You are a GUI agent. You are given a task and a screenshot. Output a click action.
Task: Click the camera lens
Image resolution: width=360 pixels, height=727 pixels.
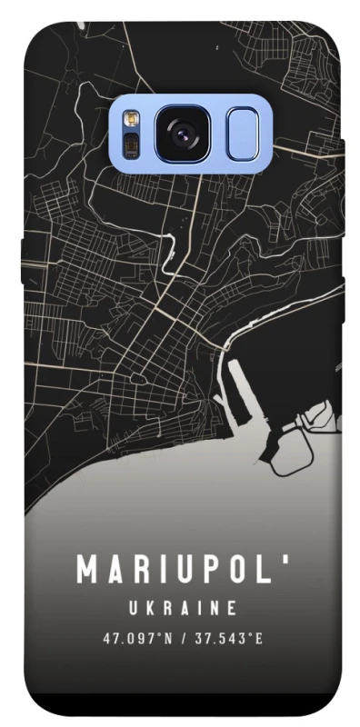click(x=185, y=134)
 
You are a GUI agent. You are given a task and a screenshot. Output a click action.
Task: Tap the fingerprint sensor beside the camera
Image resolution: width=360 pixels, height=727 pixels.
click(x=243, y=134)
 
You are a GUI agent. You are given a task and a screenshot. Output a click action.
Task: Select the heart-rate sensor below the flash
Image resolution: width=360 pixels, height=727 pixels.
click(x=130, y=146)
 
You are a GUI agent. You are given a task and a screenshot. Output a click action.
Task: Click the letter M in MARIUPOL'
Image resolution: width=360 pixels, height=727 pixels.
click(x=88, y=570)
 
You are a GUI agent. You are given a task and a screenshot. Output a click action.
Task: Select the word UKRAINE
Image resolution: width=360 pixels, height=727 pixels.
click(x=182, y=607)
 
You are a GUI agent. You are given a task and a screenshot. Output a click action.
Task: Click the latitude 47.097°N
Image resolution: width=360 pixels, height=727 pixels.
click(x=137, y=638)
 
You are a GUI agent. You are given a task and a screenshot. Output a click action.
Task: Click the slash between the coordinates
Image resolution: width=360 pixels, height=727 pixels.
click(x=183, y=638)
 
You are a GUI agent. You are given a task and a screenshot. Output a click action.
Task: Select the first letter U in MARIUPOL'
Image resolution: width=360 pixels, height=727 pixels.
click(x=180, y=570)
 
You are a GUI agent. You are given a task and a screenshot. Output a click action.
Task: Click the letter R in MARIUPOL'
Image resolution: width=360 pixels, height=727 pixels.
click(x=137, y=570)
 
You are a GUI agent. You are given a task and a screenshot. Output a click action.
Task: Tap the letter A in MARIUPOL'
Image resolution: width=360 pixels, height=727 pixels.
click(x=114, y=570)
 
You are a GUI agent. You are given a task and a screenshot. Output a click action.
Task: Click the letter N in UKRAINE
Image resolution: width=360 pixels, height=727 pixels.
click(x=214, y=607)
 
